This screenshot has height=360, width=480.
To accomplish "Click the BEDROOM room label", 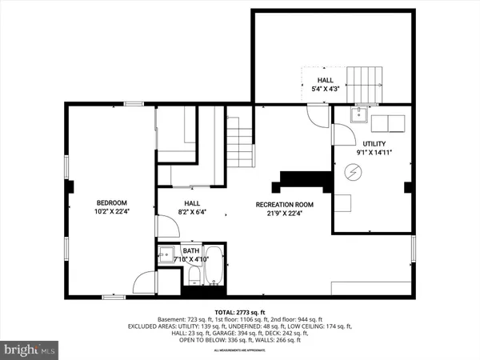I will click(x=112, y=203).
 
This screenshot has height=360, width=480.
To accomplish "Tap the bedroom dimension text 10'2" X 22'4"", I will click(x=112, y=213).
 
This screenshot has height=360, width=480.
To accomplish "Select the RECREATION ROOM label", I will click(x=284, y=205).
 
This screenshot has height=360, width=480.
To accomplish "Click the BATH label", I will click(x=190, y=250).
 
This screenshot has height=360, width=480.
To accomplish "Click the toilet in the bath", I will click(x=194, y=277).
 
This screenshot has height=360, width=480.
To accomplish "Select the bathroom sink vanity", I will click(x=166, y=256).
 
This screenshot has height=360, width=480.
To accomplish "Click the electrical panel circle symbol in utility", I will click(x=354, y=172).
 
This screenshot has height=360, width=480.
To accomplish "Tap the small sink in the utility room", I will click(x=358, y=114).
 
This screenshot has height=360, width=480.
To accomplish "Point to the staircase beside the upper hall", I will click(x=366, y=85).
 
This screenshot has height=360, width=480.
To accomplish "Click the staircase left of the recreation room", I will click(x=238, y=146).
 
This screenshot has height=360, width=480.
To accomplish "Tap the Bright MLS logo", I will click(x=30, y=349).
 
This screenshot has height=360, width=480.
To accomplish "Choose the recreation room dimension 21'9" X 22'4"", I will click(x=284, y=214).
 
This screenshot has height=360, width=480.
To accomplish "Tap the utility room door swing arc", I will click(x=318, y=114).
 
